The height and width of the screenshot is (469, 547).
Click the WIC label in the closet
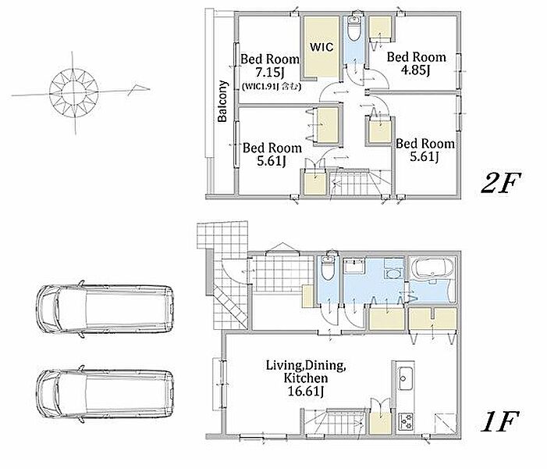click(321, 46)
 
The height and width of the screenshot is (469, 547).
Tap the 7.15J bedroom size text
click(270, 73)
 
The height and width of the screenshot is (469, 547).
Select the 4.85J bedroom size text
click(415, 70)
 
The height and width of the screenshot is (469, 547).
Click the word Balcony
click(222, 102)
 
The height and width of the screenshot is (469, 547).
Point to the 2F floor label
click(501, 182)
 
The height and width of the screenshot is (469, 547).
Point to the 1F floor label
click(499, 421)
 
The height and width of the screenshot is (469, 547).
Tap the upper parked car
click(105, 309)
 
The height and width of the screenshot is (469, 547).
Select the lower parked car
click(105, 394)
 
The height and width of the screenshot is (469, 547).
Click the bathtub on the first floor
click(432, 267)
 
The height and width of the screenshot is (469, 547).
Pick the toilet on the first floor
click(328, 267)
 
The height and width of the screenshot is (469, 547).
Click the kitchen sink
click(405, 378)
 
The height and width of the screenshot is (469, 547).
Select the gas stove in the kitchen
click(405, 422)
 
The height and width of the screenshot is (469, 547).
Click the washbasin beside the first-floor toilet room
click(353, 267)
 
